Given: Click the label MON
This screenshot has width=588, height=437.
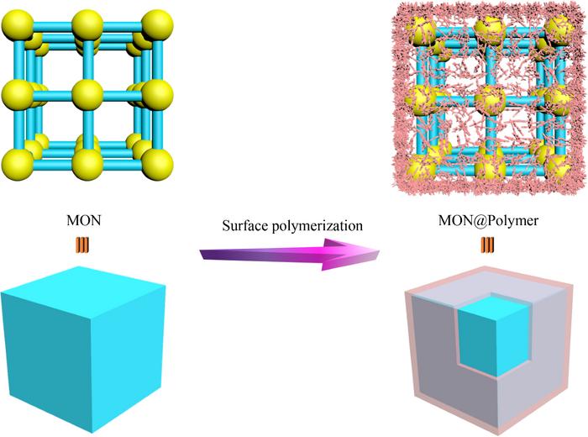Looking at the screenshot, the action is click(84, 220).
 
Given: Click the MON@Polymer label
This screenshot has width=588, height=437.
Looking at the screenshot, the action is click(488, 220).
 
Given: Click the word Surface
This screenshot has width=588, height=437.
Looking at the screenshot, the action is click(244, 225).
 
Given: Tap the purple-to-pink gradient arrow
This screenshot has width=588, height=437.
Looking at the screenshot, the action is click(290, 255).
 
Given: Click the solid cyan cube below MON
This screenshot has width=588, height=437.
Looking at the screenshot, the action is click(84, 349).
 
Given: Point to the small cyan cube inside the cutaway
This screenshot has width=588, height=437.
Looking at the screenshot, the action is click(494, 335).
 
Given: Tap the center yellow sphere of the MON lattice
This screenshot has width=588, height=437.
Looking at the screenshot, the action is click(87, 95).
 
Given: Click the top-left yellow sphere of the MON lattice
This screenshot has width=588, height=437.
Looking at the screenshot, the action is click(18, 25).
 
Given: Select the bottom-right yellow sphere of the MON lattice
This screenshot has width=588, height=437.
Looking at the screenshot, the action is click(158, 165).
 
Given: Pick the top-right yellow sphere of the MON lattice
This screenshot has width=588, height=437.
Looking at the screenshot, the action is click(158, 25).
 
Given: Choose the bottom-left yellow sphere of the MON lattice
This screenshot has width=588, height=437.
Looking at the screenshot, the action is click(18, 165).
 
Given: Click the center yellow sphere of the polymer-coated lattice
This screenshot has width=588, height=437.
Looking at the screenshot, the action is click(490, 99).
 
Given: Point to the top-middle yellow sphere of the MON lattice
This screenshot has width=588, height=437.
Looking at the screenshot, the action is click(87, 25).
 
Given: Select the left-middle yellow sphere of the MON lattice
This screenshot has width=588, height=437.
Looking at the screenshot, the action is click(18, 95).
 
